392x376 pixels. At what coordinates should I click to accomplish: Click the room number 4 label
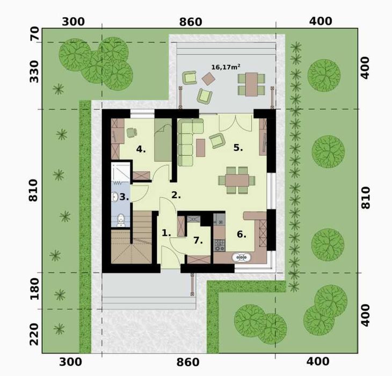(x=141, y=149)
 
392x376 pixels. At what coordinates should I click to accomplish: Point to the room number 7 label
(x=198, y=240)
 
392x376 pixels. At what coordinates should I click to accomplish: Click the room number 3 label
(x=124, y=197)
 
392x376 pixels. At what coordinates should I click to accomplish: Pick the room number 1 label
(x=166, y=233)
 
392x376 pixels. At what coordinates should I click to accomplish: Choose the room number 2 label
(x=176, y=195)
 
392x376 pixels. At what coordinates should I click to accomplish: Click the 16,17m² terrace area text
(x=226, y=67)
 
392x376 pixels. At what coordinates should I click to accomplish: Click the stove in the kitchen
(x=219, y=245)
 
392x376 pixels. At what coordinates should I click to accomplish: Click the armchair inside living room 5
(x=217, y=140)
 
